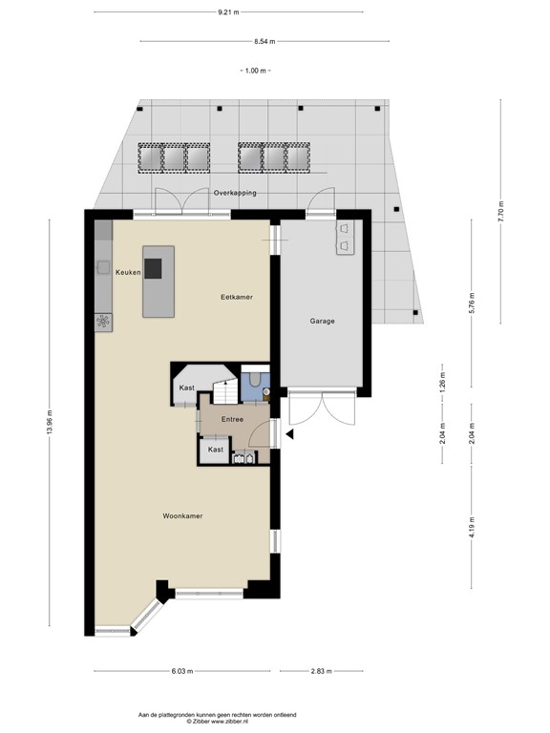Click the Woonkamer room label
tap(181, 516)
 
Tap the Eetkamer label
tap(236, 298)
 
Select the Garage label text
tap(322, 321)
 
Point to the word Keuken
tap(128, 273)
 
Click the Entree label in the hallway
tap(233, 419)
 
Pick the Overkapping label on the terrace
tap(235, 192)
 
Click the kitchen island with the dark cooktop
tap(159, 281)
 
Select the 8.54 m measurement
tap(264, 41)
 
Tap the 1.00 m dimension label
tap(254, 72)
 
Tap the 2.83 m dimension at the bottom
tap(321, 672)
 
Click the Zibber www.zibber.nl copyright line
tap(218, 721)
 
